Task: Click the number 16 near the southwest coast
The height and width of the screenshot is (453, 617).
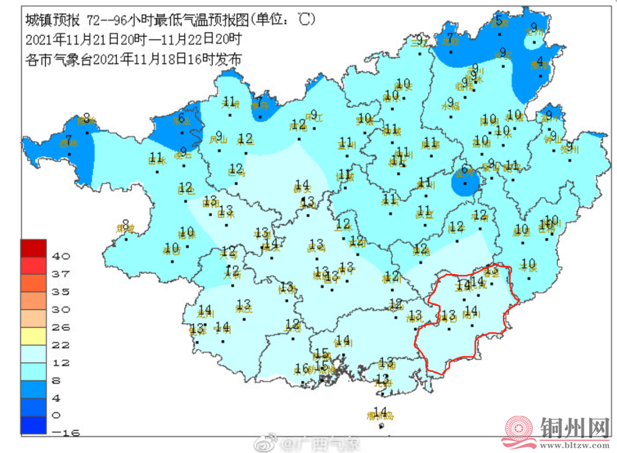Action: click(302, 367)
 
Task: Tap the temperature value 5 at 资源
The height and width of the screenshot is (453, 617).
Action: click(499, 21)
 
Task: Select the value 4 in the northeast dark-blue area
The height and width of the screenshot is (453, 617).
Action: click(539, 61)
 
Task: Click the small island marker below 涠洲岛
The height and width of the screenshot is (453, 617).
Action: click(381, 426)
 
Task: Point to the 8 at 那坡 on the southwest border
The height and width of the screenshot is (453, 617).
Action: click(125, 224)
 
